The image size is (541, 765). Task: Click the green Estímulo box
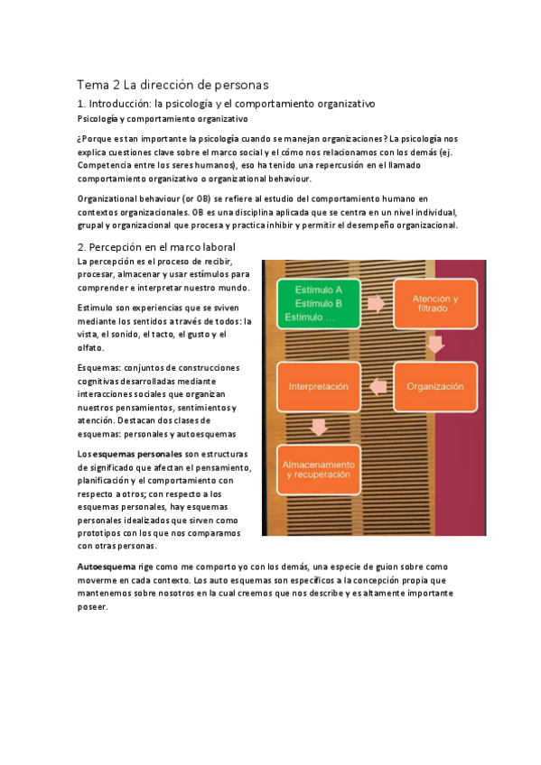pyautogui.click(x=318, y=303)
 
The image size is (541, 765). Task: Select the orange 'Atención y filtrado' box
pyautogui.click(x=434, y=304)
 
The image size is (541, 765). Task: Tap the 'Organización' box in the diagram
pyautogui.click(x=434, y=386)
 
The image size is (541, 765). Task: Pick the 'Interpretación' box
pyautogui.click(x=318, y=386)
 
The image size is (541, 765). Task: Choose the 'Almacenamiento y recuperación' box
pyautogui.click(x=318, y=469)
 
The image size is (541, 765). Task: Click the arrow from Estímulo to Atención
pyautogui.click(x=376, y=304)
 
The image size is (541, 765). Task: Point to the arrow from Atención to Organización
pyautogui.click(x=434, y=346)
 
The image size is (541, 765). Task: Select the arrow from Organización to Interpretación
pyautogui.click(x=376, y=386)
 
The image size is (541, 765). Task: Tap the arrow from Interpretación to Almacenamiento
pyautogui.click(x=318, y=428)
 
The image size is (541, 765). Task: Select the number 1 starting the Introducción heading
pyautogui.click(x=80, y=105)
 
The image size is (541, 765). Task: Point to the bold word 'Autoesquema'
pyautogui.click(x=108, y=566)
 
